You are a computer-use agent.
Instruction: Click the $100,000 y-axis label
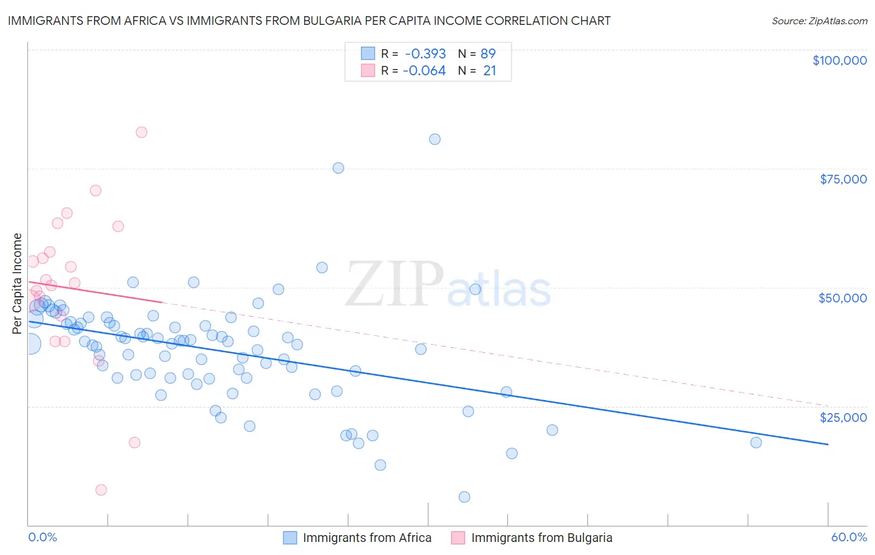tap(840, 60)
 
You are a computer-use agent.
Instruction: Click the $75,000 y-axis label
tap(843, 179)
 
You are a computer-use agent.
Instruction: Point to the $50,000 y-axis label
tap(842, 298)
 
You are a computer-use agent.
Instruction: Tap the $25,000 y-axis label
tap(843, 417)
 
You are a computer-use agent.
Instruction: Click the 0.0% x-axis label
tap(42, 537)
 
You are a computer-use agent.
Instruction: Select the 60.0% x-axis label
tap(848, 537)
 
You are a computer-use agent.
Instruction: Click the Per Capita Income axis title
tap(17, 283)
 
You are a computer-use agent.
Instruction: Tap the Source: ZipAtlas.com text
tap(819, 21)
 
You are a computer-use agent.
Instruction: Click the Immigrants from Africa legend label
tap(367, 538)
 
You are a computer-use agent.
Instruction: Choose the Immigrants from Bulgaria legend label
tap(541, 538)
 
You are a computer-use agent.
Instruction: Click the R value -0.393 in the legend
tap(425, 54)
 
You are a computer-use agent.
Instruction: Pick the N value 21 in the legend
tap(490, 71)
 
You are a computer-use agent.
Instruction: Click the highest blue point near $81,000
tap(435, 139)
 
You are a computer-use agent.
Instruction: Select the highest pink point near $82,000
tap(141, 132)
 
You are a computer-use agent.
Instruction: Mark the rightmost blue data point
tap(756, 442)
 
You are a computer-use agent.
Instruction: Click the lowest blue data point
tap(464, 497)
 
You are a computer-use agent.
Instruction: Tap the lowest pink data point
tap(101, 490)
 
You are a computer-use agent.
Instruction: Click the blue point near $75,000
tap(339, 168)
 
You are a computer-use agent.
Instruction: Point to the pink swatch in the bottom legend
tap(457, 538)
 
